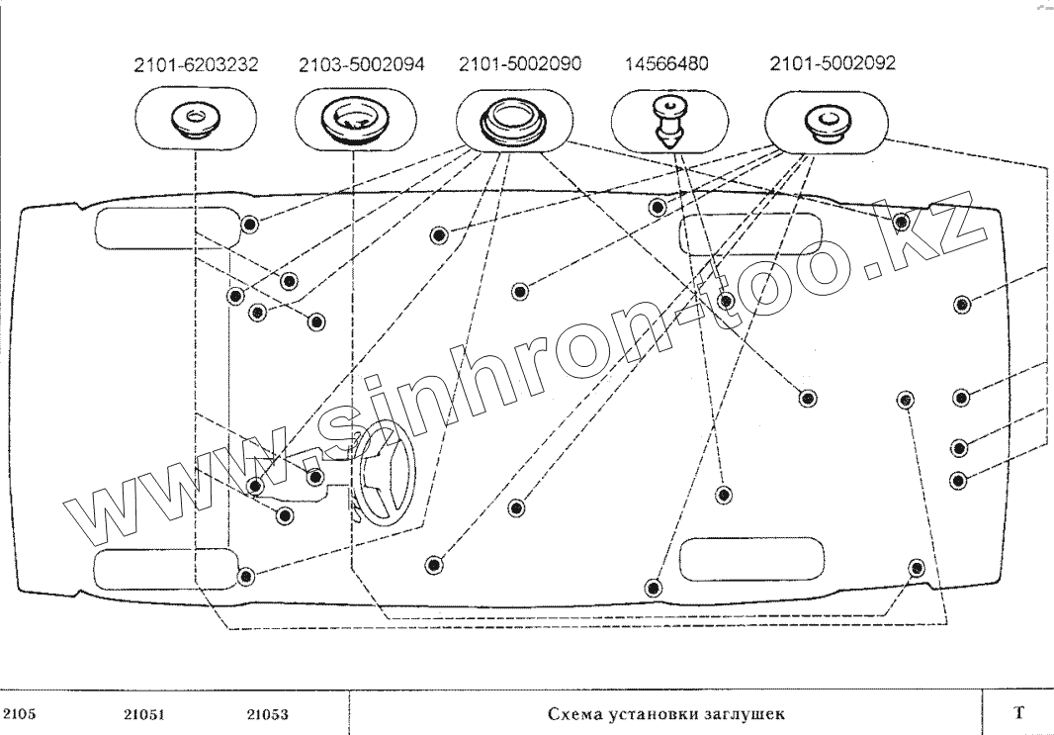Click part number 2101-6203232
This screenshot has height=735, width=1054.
(196, 65)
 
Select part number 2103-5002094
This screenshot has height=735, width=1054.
(362, 65)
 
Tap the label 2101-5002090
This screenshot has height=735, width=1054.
(520, 64)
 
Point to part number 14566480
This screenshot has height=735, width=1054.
(666, 65)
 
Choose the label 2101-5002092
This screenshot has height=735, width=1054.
(833, 64)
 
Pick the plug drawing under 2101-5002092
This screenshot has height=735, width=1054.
(824, 122)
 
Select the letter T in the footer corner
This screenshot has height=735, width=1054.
(1017, 713)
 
